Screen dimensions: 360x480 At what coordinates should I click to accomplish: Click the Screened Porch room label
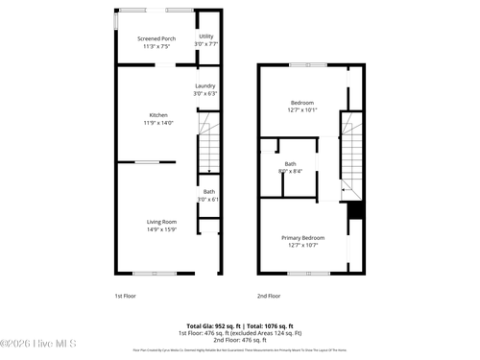[x=156, y=38]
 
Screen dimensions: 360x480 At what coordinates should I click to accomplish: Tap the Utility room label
[x=205, y=36]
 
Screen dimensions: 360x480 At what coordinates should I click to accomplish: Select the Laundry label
[x=204, y=86]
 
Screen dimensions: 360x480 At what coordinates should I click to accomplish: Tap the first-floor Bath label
[x=208, y=192]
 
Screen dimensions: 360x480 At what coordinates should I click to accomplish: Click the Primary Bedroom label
[x=302, y=237]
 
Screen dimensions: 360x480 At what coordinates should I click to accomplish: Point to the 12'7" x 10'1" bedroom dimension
[x=303, y=109]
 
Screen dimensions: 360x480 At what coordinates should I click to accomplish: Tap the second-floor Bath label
[x=290, y=164]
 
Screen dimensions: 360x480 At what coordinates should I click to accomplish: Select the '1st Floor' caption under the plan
[x=126, y=296]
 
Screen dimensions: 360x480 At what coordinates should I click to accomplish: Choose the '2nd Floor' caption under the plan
[x=268, y=296]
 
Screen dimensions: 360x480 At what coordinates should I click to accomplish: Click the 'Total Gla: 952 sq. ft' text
[x=211, y=325]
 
